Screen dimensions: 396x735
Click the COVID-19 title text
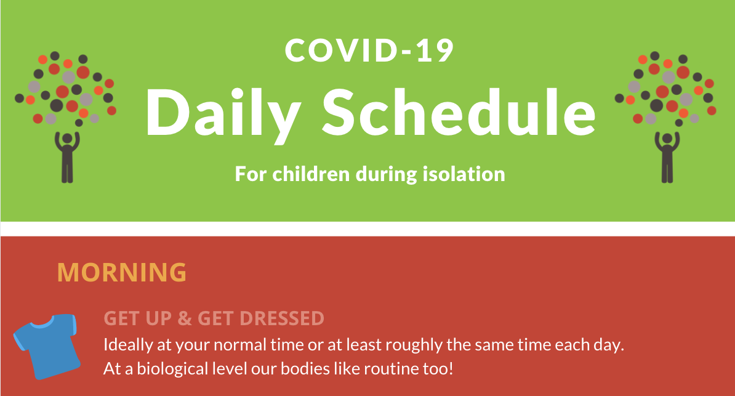369,51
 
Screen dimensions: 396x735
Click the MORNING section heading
121,272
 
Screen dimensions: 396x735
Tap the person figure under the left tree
67,157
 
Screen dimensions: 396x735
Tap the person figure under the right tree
667,157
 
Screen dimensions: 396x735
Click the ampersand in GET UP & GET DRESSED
184,318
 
